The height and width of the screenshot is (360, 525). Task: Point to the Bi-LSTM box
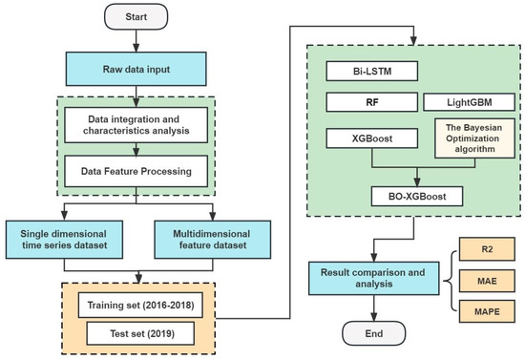tap(367, 73)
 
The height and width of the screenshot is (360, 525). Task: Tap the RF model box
tap(367, 101)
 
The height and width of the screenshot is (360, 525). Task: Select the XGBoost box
tap(367, 139)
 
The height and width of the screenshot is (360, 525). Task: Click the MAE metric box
tap(482, 283)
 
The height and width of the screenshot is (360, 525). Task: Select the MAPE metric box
tap(482, 312)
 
